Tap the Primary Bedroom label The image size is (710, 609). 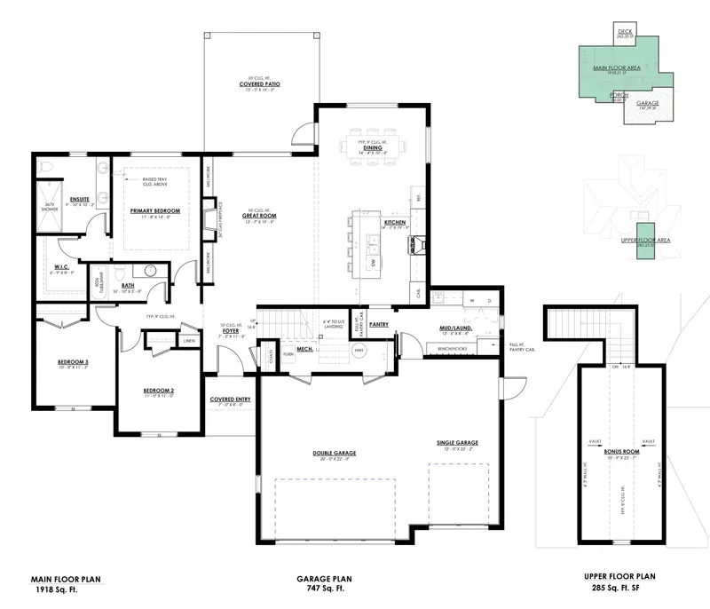155,211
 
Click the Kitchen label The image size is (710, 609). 395,221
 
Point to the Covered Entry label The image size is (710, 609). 230,399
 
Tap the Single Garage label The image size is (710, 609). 457,442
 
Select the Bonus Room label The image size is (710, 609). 621,451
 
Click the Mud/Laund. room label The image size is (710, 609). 454,328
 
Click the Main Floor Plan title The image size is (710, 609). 67,580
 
